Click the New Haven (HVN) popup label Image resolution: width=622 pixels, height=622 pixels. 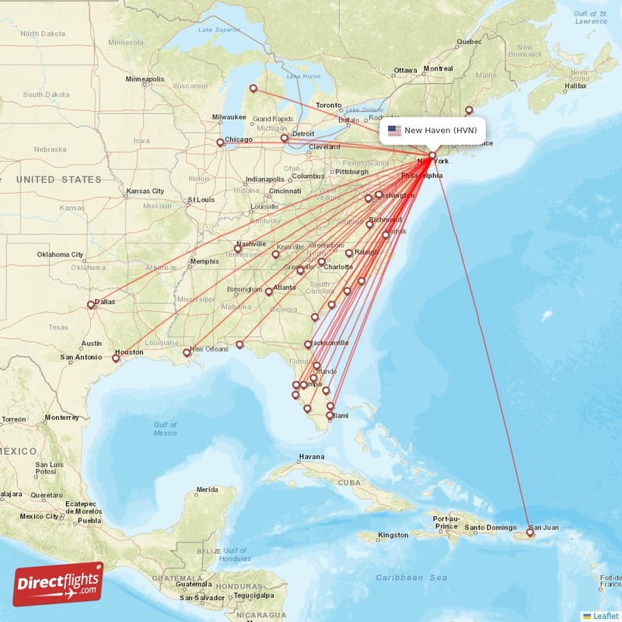[440, 131]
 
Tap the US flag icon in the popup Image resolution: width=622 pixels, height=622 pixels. [394, 131]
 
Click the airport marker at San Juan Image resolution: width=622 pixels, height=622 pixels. [530, 533]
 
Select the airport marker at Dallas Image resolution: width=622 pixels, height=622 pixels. [91, 306]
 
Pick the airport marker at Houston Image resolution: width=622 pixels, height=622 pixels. [116, 358]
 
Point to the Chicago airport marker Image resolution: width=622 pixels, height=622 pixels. [220, 142]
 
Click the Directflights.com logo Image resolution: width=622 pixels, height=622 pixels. [58, 584]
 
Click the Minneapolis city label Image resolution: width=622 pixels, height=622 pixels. [145, 79]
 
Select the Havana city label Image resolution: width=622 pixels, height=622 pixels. [311, 456]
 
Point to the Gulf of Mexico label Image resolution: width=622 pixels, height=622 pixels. [165, 428]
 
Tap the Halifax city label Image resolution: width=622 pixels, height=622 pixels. [575, 86]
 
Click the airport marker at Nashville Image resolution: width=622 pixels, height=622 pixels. [238, 249]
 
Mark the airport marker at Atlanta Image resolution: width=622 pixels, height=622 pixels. [269, 292]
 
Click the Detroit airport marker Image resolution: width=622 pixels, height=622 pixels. [285, 138]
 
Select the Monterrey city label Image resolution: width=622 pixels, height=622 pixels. [62, 418]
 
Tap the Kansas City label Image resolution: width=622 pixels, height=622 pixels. [146, 191]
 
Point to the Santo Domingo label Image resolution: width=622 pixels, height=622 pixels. [491, 529]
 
